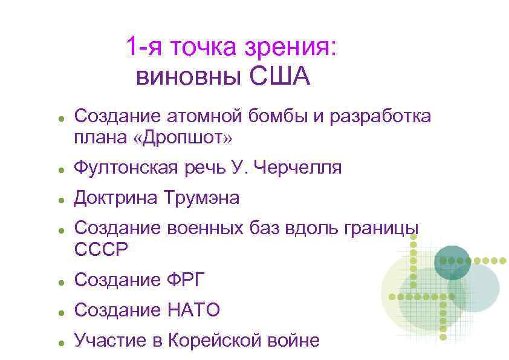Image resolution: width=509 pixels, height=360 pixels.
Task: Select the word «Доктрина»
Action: point(113,197)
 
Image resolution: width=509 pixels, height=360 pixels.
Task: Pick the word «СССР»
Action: point(101,249)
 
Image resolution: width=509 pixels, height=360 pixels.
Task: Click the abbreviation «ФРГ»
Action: point(185,280)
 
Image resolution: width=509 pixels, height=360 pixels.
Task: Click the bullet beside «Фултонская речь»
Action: point(62,169)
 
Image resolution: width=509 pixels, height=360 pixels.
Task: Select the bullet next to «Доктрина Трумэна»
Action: point(62,199)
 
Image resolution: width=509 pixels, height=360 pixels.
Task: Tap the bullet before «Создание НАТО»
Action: point(62,312)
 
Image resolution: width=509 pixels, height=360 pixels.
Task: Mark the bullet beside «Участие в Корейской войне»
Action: point(62,342)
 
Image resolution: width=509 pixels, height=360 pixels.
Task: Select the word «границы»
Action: point(380,227)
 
